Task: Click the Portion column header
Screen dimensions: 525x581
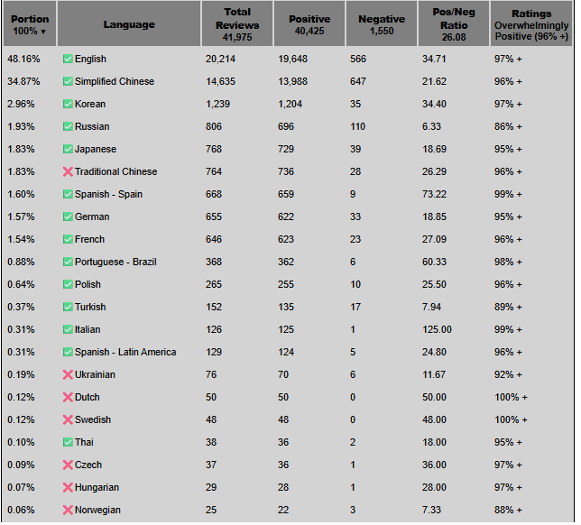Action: tap(30, 24)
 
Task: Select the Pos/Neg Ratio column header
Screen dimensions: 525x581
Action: tap(455, 24)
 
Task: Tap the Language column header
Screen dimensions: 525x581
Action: tap(129, 24)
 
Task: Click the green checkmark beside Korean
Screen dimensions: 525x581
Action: tap(68, 104)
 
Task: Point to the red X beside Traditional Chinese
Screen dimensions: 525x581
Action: tap(68, 171)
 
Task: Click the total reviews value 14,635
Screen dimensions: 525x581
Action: tap(225, 81)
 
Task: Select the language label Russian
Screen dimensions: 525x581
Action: tap(90, 126)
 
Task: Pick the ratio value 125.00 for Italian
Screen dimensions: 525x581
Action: tap(438, 329)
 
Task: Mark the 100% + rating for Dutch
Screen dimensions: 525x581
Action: tap(511, 397)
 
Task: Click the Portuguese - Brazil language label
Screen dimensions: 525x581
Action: tap(115, 262)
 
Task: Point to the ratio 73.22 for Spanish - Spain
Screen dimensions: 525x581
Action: tap(435, 194)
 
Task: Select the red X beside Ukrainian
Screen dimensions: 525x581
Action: tap(68, 374)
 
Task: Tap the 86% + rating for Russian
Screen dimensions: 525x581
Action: tap(508, 126)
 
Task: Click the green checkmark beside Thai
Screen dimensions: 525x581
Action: tap(68, 442)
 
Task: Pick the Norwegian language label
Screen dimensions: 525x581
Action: tap(97, 510)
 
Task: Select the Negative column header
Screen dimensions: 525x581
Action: tap(382, 24)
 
